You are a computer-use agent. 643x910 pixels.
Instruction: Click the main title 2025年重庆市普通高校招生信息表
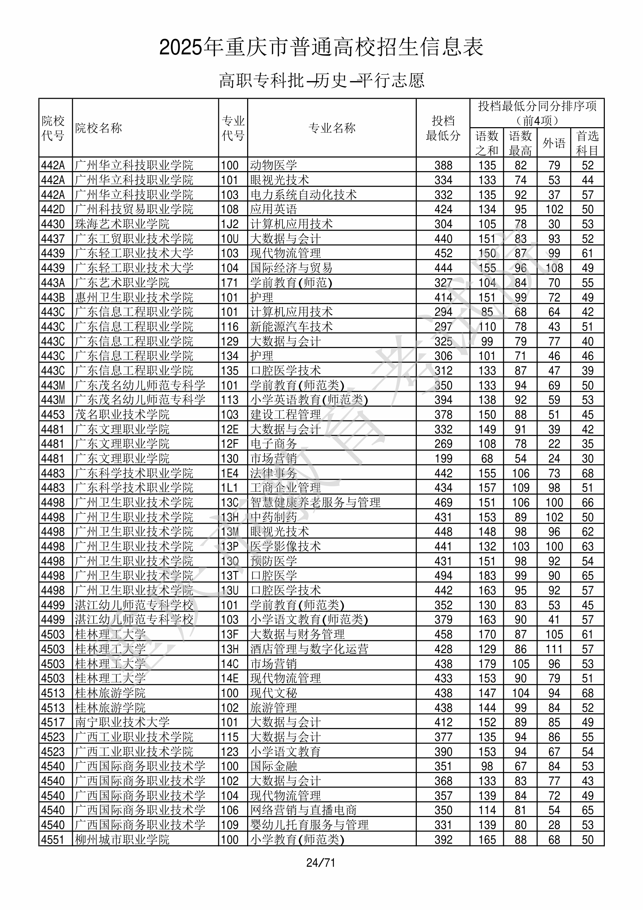point(321,48)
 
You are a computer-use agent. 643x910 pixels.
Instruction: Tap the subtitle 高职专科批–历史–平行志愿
point(321,80)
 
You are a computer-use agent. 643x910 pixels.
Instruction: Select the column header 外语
point(554,143)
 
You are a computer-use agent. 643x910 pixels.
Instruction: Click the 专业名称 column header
point(332,128)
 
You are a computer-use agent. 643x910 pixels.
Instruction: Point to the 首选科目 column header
point(587,143)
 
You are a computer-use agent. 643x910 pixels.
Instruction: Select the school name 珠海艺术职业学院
point(122,224)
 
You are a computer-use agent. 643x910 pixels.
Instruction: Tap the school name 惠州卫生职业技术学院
point(134,297)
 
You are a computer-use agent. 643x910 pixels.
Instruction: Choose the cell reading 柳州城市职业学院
point(122,839)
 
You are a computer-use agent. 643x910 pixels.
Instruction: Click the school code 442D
point(53,209)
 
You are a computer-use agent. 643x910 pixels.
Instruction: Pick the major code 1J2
point(230,224)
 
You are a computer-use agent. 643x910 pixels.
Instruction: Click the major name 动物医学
point(273,165)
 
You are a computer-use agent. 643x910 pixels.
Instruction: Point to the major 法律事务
point(273,473)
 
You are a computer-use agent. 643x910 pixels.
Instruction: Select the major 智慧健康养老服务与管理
point(315,502)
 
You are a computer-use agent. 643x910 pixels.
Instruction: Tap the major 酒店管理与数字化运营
point(309,649)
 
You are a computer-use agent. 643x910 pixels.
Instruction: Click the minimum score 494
point(443,575)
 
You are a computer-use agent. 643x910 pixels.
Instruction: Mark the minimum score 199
point(443,459)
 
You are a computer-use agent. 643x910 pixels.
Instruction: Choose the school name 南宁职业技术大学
point(122,722)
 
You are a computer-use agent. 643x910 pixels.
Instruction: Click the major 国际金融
point(273,766)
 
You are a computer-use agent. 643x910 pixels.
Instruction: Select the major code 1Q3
point(230,415)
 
